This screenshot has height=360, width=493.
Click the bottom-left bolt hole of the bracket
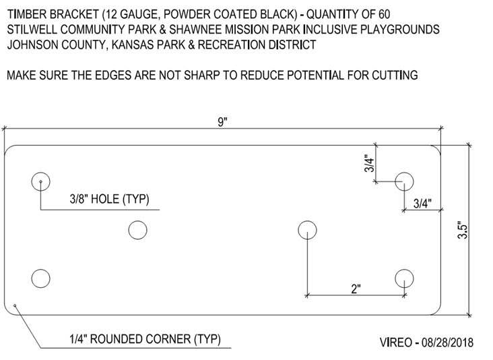(41, 278)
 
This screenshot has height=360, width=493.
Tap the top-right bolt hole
(404, 181)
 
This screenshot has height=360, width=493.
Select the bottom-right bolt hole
(404, 278)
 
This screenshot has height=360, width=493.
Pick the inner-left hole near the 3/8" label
(137, 230)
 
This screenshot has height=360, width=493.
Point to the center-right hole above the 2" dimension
(307, 230)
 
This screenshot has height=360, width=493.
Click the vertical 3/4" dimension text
(368, 164)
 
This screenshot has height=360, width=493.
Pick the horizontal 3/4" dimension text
(422, 202)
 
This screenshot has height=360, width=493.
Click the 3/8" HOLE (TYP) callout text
(109, 200)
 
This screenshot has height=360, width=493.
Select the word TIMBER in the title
(25, 13)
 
